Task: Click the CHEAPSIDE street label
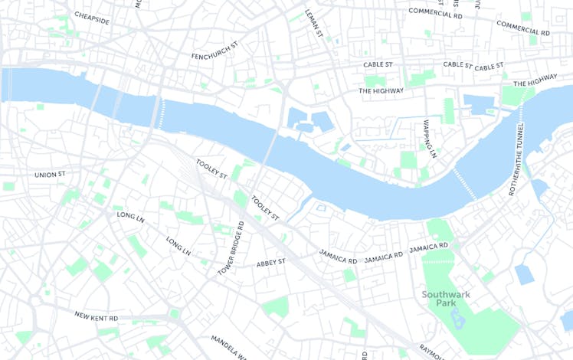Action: [x=92, y=18]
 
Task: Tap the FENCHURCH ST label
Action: [x=215, y=56]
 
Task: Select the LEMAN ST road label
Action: [x=315, y=24]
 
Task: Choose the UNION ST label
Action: [x=50, y=175]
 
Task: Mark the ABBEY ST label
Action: [x=271, y=262]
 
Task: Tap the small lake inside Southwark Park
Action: [x=458, y=317]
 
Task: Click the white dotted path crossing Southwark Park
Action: [x=438, y=261]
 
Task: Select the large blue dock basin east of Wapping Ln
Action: [x=479, y=104]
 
